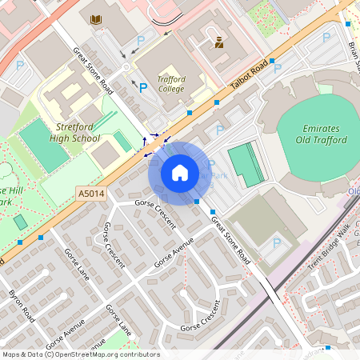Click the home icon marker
(180, 173)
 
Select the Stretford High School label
(78, 132)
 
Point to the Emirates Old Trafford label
(325, 134)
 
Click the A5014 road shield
(91, 193)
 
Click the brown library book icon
(97, 19)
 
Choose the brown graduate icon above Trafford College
(218, 42)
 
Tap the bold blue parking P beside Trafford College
(144, 86)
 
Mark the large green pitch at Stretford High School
(44, 146)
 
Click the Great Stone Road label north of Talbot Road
(94, 71)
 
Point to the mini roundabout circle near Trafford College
(126, 67)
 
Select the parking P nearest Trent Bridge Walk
(277, 242)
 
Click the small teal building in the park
(20, 222)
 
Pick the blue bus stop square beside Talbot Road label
(272, 61)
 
